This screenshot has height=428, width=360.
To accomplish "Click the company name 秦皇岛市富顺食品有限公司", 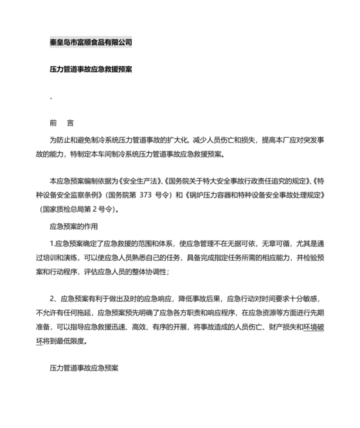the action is coord(91,43).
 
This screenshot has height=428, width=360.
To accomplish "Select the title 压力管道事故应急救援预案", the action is coord(91,68).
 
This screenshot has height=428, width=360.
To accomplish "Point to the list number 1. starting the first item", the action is coord(53,243).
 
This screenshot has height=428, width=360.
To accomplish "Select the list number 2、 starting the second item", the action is coord(55,299).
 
